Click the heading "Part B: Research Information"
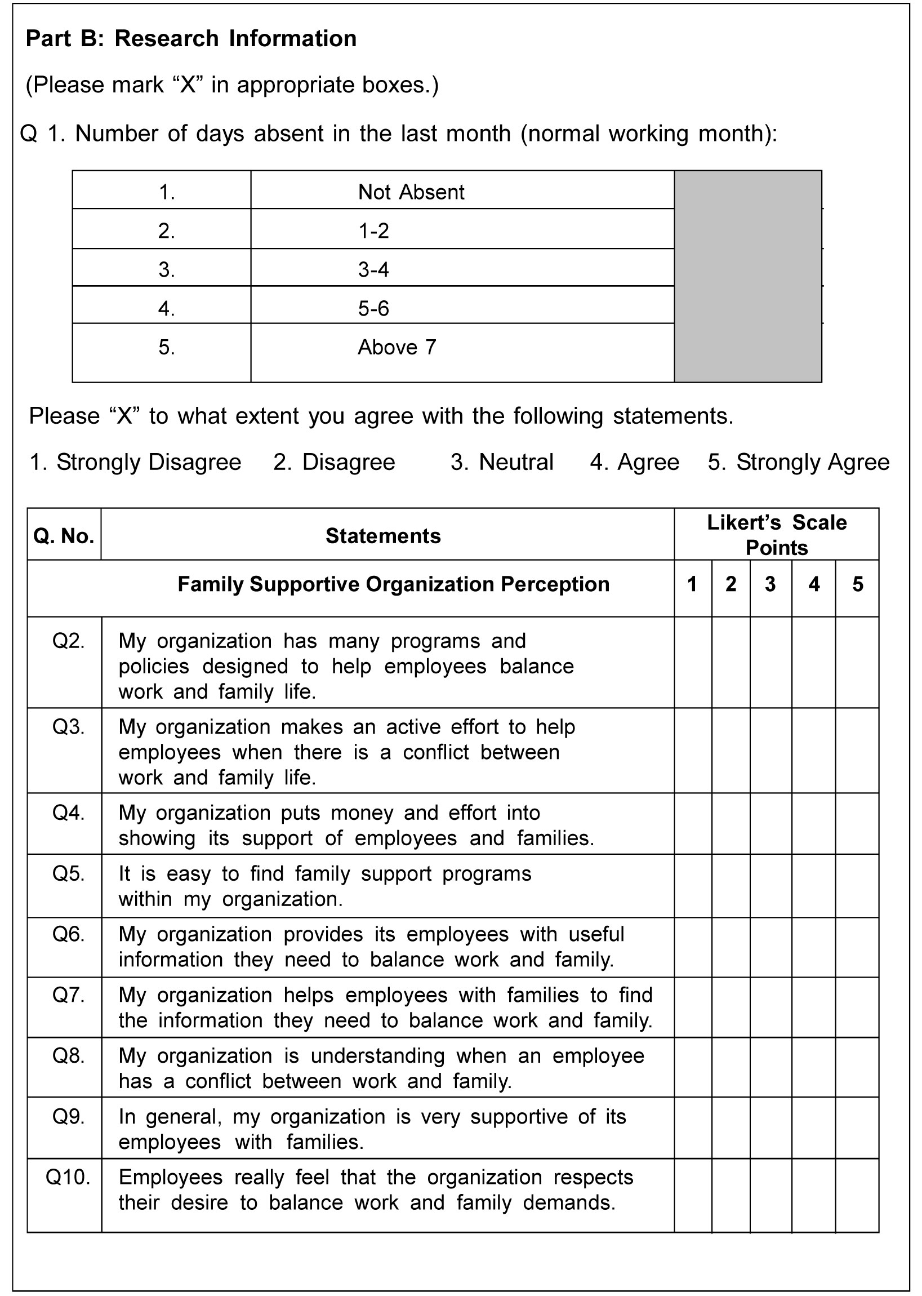tap(191, 39)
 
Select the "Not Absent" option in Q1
tap(411, 192)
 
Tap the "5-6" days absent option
tap(373, 308)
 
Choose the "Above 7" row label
tap(397, 347)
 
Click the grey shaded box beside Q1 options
tap(747, 276)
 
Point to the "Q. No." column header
tap(64, 535)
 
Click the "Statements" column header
tap(383, 535)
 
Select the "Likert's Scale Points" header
tap(776, 534)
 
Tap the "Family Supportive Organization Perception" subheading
tap(394, 584)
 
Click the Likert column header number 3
tap(770, 584)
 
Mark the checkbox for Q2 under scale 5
tap(857, 662)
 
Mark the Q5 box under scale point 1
tap(693, 885)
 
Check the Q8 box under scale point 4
tap(813, 1067)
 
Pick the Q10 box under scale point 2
tap(731, 1195)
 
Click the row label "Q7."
tap(68, 995)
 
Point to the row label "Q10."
tap(68, 1177)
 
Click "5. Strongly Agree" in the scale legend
tap(798, 462)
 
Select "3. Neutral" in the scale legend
tap(502, 462)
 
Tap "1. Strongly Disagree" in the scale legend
tap(135, 462)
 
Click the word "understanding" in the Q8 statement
tap(377, 1056)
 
